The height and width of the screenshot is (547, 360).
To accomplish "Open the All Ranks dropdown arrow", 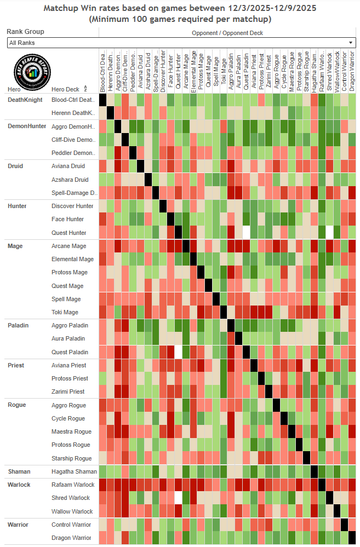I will click(351, 43).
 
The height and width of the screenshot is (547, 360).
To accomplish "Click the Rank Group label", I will click(26, 32).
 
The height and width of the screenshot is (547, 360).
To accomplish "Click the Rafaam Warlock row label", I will click(73, 485).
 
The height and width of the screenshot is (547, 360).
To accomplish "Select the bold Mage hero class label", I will click(15, 246).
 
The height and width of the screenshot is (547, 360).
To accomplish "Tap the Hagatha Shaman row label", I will click(74, 471).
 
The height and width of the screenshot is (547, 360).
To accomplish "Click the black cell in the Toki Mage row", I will click(223, 312).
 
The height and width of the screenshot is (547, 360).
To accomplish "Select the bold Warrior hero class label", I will click(18, 525).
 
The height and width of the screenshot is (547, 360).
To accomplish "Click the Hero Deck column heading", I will click(65, 89).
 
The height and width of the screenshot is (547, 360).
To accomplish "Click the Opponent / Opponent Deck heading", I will click(227, 33).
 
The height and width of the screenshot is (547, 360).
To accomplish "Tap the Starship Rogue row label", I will click(71, 458).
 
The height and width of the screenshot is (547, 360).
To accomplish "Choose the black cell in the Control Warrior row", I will click(344, 525).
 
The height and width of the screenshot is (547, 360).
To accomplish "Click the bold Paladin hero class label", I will click(18, 325).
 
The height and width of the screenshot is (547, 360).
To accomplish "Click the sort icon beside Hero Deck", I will click(85, 89).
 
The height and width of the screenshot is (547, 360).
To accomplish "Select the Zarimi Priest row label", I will click(68, 391).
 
